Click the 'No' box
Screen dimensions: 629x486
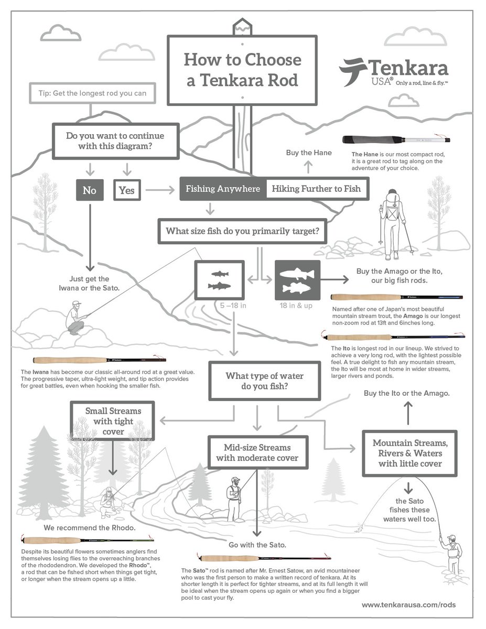[89, 190]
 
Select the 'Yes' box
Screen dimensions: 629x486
[126, 190]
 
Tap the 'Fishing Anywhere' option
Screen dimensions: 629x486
[223, 189]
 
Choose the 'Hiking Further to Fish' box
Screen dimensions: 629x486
[316, 189]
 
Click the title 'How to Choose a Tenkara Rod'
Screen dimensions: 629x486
[242, 69]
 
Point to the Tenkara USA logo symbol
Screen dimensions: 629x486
[352, 72]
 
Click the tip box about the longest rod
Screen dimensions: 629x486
[92, 94]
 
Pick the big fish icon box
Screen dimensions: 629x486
[297, 280]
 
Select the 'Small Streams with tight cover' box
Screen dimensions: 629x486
[113, 421]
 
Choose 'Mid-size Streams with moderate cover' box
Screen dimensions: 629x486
[257, 452]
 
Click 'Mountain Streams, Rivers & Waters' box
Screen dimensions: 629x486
[409, 453]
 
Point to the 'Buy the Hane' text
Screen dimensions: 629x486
[309, 153]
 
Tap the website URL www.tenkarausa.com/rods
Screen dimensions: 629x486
[408, 604]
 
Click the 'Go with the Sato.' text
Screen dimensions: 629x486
[257, 545]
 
